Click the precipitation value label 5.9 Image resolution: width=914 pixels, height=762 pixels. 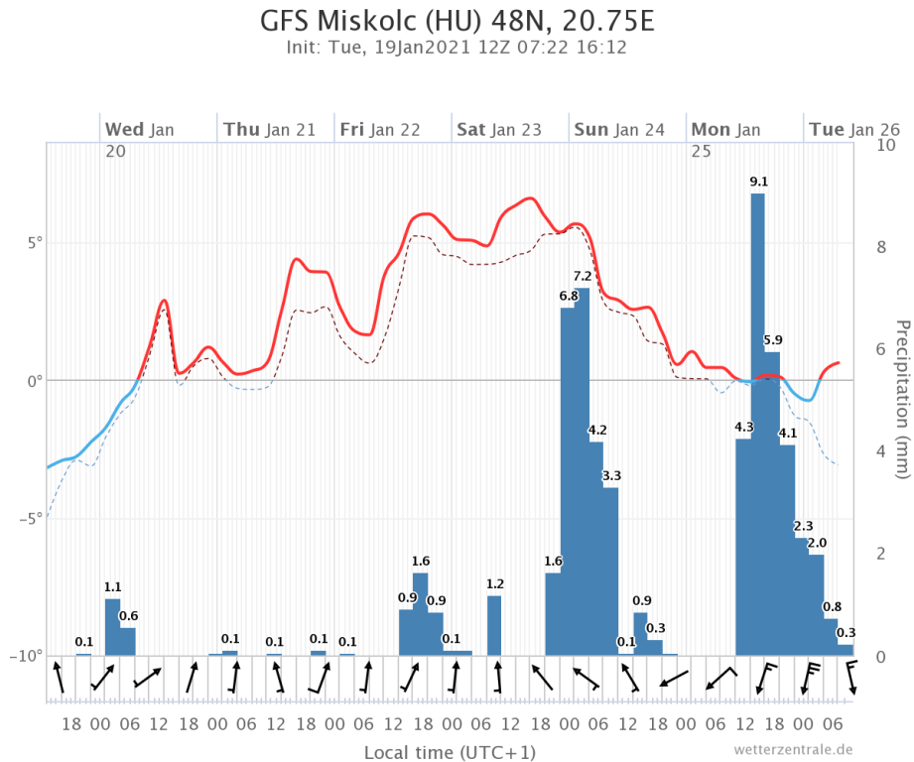(x=772, y=340)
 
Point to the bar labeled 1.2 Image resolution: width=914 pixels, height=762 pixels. (x=494, y=625)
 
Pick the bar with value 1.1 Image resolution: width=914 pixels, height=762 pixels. (x=112, y=627)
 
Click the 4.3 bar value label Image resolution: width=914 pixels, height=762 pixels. (x=744, y=427)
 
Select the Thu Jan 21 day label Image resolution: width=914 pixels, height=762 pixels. (x=269, y=129)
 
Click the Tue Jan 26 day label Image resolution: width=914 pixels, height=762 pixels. (x=853, y=129)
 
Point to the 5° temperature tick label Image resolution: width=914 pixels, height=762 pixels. (x=30, y=242)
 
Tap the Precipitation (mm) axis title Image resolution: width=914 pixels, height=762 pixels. (x=902, y=399)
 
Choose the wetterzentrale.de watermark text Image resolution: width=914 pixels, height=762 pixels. (x=793, y=749)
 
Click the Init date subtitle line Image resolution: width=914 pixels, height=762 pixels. (x=457, y=47)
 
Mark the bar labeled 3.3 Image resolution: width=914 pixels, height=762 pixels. (x=611, y=571)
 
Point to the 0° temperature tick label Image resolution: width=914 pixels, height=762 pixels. (x=30, y=380)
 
